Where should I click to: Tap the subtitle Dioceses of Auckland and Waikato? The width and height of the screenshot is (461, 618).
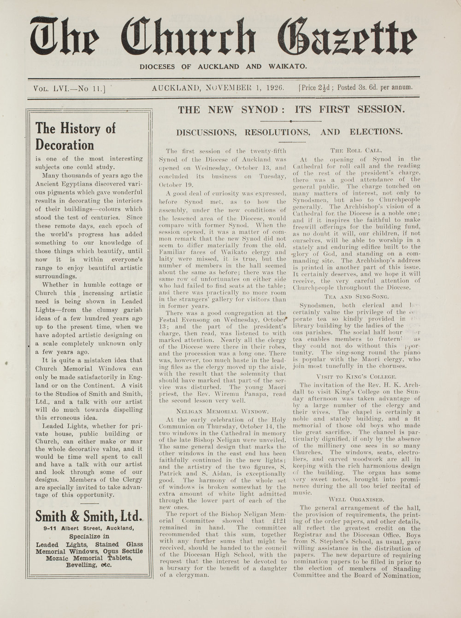tap(224, 66)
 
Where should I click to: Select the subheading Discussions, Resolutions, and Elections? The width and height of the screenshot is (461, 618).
tap(289, 131)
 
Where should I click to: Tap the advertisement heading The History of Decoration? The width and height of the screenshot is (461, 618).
tap(76, 136)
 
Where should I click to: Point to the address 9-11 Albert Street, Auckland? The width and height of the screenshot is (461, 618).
tap(89, 528)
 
